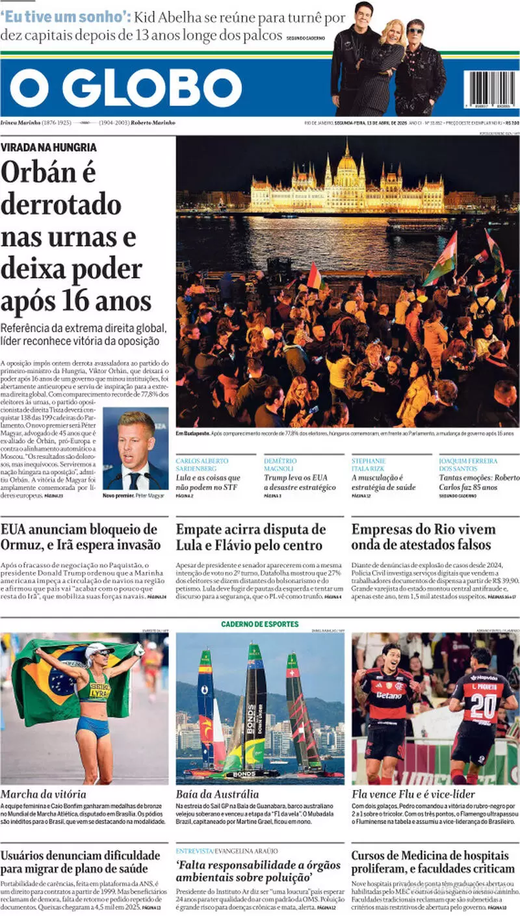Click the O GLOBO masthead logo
(x=125, y=88)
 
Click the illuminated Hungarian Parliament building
(x=347, y=182)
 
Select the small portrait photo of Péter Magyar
(x=135, y=448)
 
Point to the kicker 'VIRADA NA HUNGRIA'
(x=49, y=148)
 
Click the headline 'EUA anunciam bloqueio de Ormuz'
(x=79, y=536)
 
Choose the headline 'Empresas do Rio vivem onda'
(x=423, y=536)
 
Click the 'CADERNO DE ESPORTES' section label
(x=259, y=624)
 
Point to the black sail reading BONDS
(x=255, y=702)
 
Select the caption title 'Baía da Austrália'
(x=217, y=794)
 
